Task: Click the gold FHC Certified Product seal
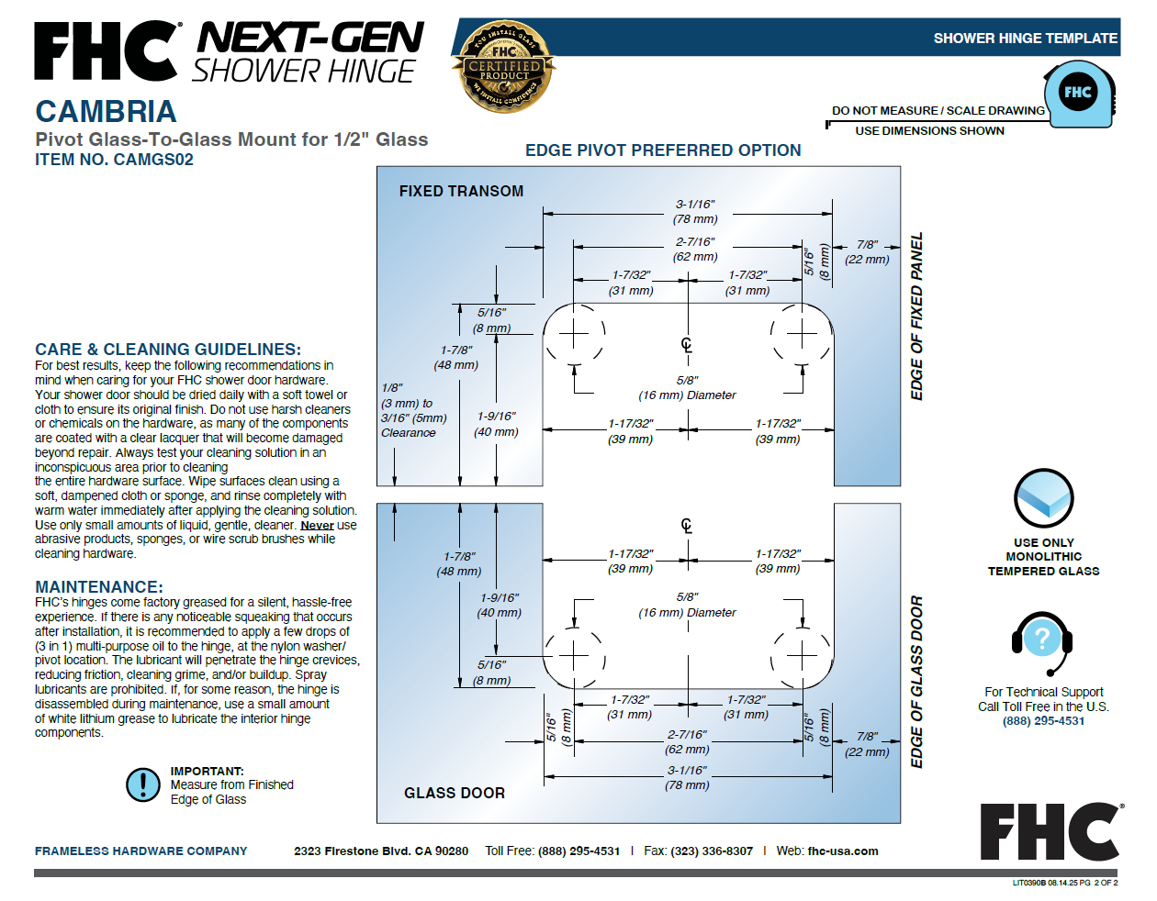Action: pos(503,66)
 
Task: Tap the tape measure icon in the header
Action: pos(1079,95)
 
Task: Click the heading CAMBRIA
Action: pos(106,111)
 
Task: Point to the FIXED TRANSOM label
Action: pos(461,191)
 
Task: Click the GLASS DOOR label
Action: pos(455,793)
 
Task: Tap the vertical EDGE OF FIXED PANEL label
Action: pos(916,316)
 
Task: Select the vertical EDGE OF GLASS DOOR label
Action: pos(916,682)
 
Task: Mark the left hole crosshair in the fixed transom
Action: pos(573,334)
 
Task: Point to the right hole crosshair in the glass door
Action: pos(802,656)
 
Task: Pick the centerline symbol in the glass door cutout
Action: pos(687,526)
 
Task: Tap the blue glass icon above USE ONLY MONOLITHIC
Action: pos(1043,498)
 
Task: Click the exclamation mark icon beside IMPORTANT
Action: pos(142,784)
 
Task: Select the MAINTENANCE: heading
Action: pos(99,586)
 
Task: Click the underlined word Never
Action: pos(318,525)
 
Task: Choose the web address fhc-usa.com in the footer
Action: pos(843,851)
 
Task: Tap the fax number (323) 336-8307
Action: pos(712,851)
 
